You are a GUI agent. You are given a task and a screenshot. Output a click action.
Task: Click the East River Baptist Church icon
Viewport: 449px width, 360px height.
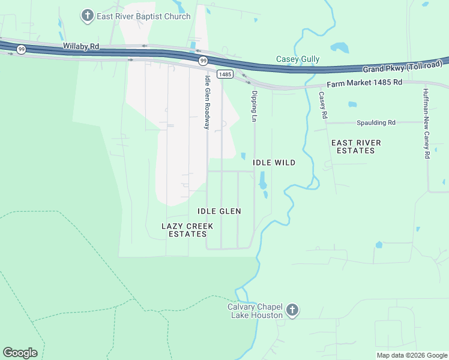coord(88,16)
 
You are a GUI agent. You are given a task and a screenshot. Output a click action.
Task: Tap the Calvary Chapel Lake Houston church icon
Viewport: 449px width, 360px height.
coord(292,310)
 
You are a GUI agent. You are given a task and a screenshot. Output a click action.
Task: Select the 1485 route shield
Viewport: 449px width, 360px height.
coord(224,74)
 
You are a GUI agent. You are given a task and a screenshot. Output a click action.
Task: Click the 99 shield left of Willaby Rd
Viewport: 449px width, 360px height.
coord(21,49)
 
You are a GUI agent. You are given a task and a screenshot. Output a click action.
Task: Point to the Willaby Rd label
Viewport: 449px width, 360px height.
coord(81,46)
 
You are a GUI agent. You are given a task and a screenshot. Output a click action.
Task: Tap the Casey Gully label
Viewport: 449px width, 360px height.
coord(297,59)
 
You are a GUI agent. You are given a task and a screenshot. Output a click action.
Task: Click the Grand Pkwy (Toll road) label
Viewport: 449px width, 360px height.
coord(402,67)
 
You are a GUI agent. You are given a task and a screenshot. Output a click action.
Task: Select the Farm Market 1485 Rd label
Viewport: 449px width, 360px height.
coord(364,83)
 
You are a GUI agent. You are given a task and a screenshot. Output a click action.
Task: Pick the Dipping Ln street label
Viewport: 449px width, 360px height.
coord(255,107)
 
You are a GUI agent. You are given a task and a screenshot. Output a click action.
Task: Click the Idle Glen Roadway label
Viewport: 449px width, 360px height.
coord(207,102)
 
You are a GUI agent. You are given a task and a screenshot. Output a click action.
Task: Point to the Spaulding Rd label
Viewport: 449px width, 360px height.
coord(376,122)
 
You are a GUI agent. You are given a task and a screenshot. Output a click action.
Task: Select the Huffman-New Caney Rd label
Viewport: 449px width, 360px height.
coord(426,123)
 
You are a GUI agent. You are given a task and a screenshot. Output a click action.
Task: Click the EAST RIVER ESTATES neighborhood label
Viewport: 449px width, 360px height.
coord(356,146)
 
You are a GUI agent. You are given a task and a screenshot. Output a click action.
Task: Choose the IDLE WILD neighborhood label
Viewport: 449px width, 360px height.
coord(274,163)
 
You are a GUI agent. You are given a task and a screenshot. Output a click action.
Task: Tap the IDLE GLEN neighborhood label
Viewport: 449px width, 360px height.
coord(219,211)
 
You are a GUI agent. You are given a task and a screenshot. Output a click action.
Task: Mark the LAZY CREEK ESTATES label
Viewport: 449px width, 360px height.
coord(187,230)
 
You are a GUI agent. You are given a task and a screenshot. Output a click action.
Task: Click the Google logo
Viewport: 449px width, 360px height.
coord(20,353)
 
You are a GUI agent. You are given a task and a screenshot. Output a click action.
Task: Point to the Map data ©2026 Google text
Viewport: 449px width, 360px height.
coord(411,355)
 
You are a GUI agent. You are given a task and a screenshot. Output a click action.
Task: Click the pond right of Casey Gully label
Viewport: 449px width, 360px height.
coord(339,47)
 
